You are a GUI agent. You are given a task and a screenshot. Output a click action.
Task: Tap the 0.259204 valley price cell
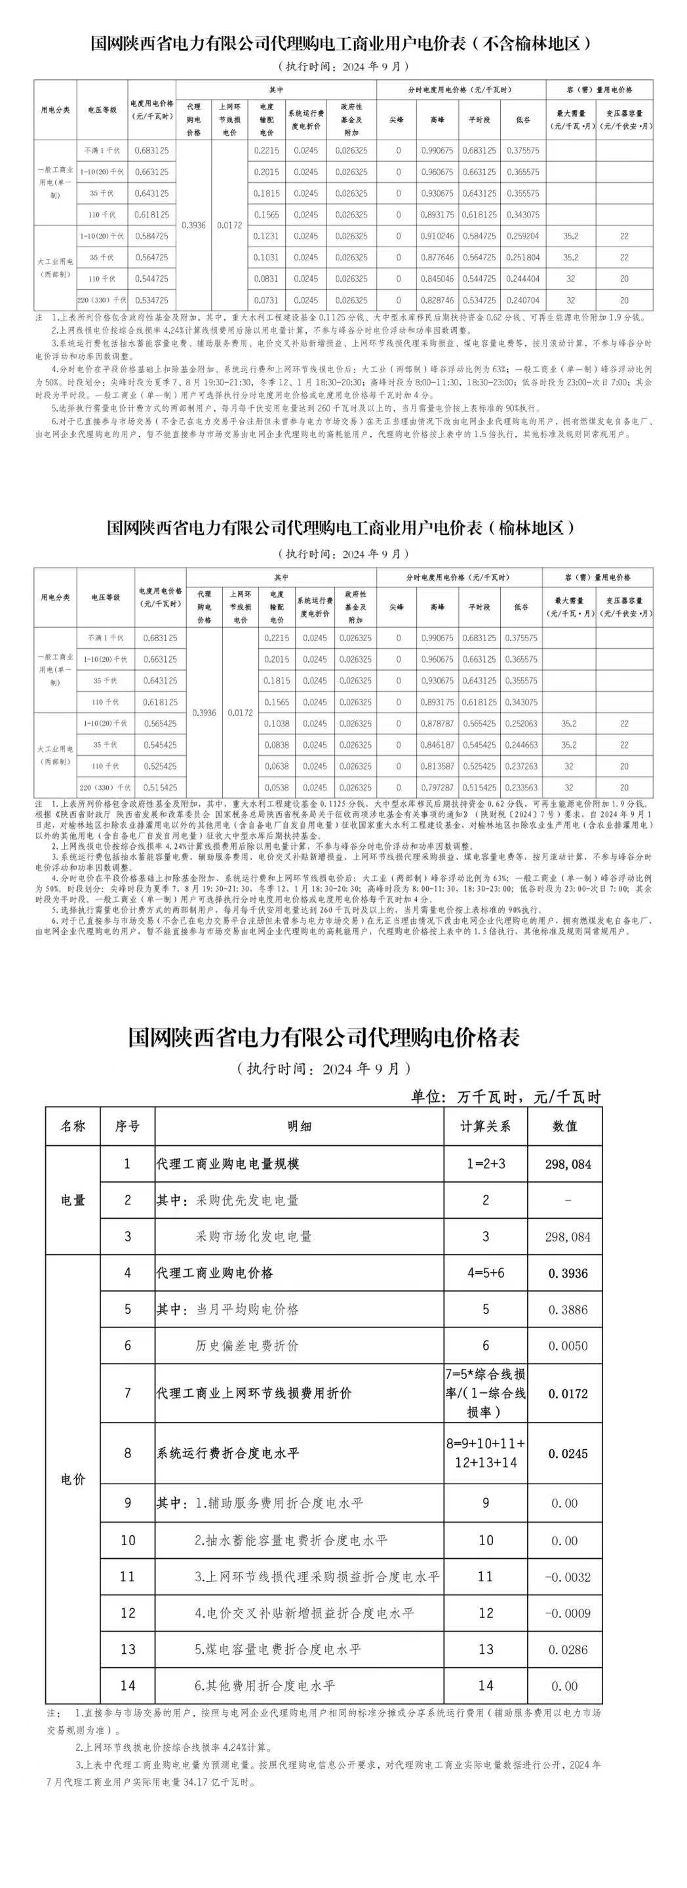pyautogui.click(x=521, y=236)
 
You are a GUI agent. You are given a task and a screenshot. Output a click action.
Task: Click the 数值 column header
pyautogui.click(x=564, y=1126)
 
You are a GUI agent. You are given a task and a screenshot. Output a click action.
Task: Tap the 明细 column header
pyautogui.click(x=299, y=1126)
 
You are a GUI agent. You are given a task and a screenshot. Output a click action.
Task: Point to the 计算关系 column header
pyautogui.click(x=485, y=1126)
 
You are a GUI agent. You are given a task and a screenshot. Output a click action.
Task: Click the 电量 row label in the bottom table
pyautogui.click(x=73, y=1200)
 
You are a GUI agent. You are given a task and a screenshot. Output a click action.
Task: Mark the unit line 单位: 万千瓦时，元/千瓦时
pyautogui.click(x=505, y=1097)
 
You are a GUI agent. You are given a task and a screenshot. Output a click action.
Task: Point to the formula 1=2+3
pyautogui.click(x=485, y=1164)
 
